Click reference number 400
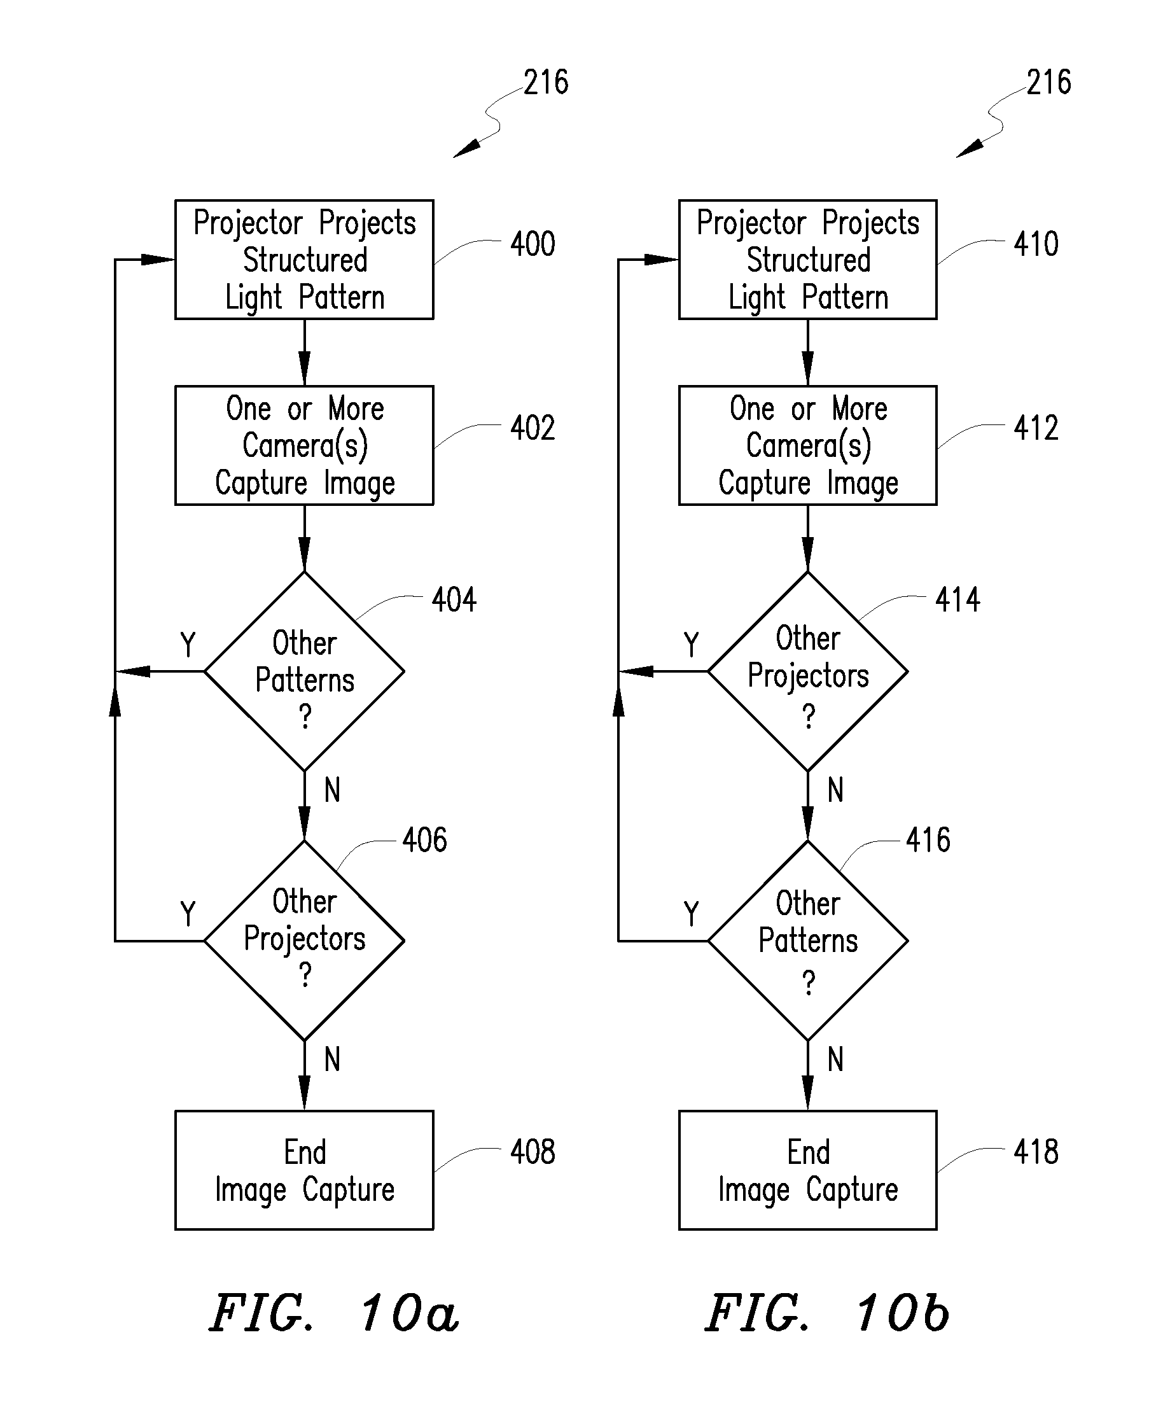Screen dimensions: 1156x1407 (x=533, y=244)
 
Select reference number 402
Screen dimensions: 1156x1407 (x=533, y=428)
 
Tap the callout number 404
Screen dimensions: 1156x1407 (x=454, y=599)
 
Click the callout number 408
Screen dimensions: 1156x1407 (x=533, y=1151)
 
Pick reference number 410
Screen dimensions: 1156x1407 (x=1036, y=244)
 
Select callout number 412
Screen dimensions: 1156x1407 (x=1036, y=428)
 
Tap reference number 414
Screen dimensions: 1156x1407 (x=958, y=599)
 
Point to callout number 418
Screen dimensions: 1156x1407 (x=1036, y=1151)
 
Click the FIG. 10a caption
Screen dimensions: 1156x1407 (x=334, y=1312)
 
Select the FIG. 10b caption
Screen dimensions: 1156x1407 (x=828, y=1312)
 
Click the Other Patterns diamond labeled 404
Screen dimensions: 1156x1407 (x=304, y=671)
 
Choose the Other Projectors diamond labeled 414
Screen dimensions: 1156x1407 (x=808, y=671)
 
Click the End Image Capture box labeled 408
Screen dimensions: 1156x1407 (x=304, y=1170)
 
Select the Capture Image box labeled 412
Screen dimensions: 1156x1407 (x=808, y=445)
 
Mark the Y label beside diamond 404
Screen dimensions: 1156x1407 (x=188, y=645)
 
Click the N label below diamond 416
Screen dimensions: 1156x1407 (x=836, y=1059)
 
